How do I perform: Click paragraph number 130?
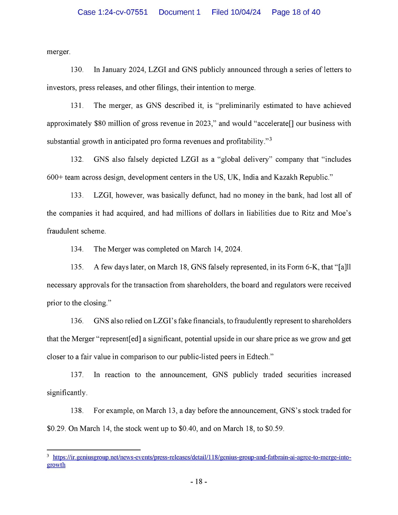coord(77,70)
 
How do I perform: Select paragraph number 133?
coord(77,195)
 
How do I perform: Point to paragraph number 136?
coord(77,321)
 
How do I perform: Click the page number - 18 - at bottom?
coord(199,481)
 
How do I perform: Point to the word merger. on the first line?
coord(58,52)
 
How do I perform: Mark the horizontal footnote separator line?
coord(93,449)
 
